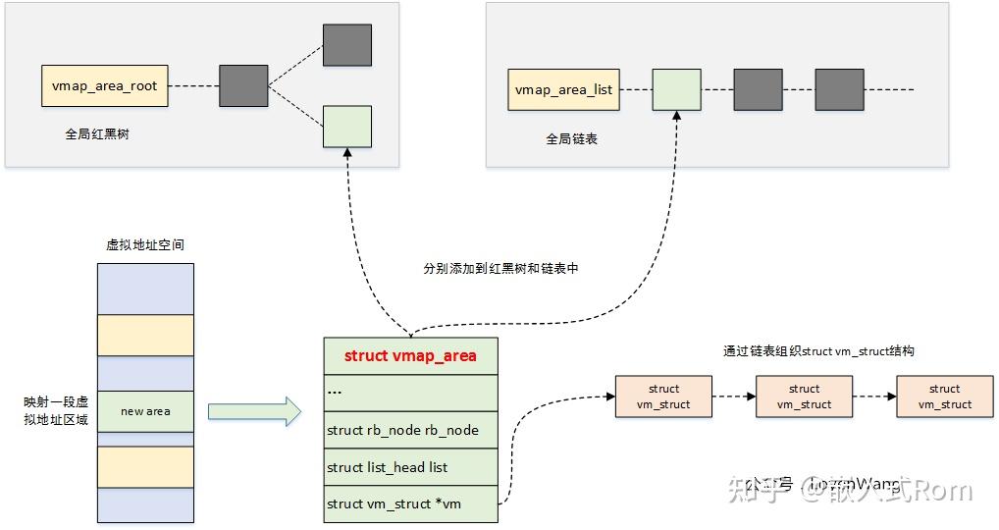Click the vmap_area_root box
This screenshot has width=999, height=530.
tap(103, 86)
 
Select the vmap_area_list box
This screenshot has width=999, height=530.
tap(563, 89)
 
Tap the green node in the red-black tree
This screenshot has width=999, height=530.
tap(347, 127)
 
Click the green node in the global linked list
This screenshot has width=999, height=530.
tap(676, 89)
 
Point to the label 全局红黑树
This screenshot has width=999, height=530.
tap(97, 134)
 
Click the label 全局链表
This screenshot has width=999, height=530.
tap(572, 139)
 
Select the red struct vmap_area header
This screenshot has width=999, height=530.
tap(410, 355)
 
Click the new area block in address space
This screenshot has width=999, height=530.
tap(145, 411)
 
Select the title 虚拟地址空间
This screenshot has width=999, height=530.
tap(145, 244)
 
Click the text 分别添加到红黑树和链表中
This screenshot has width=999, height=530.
tap(500, 268)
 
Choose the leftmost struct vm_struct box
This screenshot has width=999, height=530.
tap(663, 397)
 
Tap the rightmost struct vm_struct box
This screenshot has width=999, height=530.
tap(944, 397)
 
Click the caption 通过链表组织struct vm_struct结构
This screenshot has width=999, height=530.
tap(818, 351)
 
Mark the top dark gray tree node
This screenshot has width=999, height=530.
tap(347, 45)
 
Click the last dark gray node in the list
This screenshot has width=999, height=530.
tap(839, 89)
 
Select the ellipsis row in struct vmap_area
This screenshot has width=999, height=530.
tap(410, 392)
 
